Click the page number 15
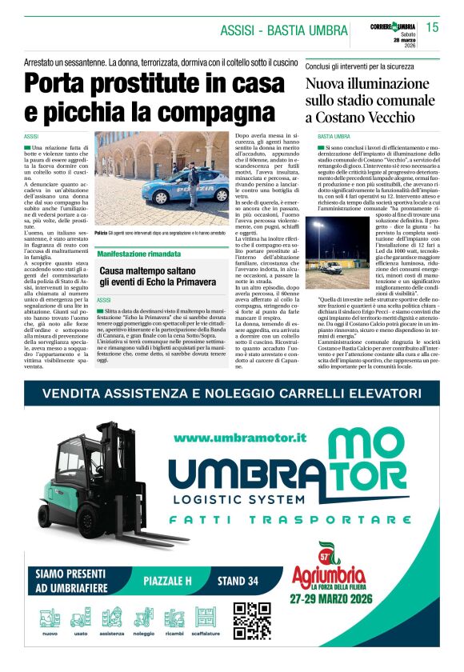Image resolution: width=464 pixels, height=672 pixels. (432, 28)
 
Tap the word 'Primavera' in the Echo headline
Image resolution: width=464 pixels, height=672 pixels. (194, 282)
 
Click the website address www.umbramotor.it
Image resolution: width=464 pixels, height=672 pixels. (240, 438)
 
